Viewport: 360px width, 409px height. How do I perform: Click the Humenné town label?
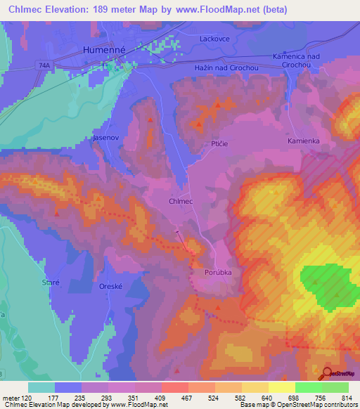103,50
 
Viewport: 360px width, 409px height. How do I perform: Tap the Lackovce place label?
215,39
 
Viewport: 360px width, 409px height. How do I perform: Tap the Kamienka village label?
304,141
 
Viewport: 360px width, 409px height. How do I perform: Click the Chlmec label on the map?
181,201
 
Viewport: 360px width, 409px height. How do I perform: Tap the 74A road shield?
44,63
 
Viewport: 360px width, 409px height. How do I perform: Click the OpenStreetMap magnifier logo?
326,373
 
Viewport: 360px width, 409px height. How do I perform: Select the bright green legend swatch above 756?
308,387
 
